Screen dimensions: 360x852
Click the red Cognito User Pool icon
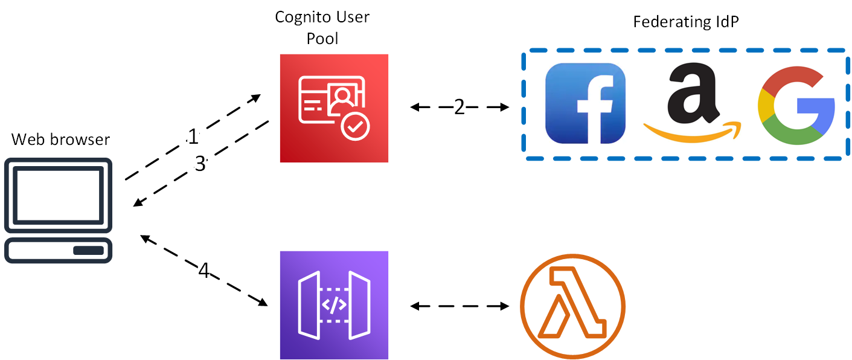(334, 108)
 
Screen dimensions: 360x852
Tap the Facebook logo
(585, 103)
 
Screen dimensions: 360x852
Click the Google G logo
(796, 107)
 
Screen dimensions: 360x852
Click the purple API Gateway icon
(334, 305)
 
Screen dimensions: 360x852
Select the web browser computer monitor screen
(59, 194)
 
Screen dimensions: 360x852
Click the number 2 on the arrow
(460, 107)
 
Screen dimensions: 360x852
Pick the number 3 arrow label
(200, 164)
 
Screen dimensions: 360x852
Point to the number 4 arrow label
(204, 271)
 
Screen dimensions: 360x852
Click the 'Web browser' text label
(61, 140)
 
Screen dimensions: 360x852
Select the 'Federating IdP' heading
(686, 22)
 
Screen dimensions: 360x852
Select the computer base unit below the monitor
(59, 250)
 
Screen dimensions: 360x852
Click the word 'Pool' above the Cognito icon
(322, 39)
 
